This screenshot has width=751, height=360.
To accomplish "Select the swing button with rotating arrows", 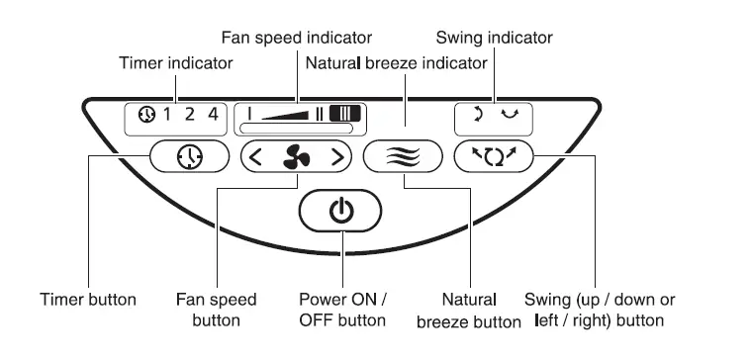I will [x=493, y=155].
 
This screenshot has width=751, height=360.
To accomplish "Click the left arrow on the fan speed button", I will [x=256, y=156].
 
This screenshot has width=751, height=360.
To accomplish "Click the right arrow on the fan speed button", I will [x=337, y=156].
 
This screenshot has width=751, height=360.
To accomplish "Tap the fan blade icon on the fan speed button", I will [x=296, y=156].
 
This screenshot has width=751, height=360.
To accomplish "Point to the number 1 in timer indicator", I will [x=167, y=114].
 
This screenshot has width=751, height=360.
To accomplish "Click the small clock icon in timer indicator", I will [x=145, y=114].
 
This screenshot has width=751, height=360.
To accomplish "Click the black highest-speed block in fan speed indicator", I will [x=345, y=113].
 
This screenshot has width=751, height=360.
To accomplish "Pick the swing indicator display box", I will [x=493, y=115].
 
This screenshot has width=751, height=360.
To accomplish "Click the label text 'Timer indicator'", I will [x=176, y=63].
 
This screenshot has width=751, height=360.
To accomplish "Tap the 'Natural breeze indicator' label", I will [x=396, y=63].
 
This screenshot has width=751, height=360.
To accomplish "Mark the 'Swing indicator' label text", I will [x=494, y=38].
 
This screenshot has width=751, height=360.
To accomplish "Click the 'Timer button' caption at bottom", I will [x=88, y=299].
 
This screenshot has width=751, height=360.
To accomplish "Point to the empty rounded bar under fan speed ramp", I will [x=296, y=128].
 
